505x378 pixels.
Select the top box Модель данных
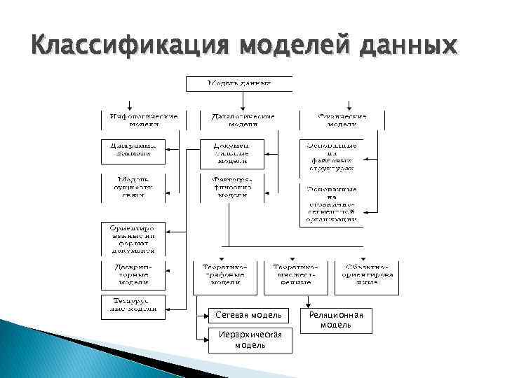(x=238, y=83)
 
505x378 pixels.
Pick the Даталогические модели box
(x=237, y=120)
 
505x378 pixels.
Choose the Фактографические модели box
(x=231, y=187)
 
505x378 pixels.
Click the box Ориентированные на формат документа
(x=132, y=239)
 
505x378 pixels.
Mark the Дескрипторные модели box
(x=132, y=274)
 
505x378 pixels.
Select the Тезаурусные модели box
(x=132, y=304)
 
